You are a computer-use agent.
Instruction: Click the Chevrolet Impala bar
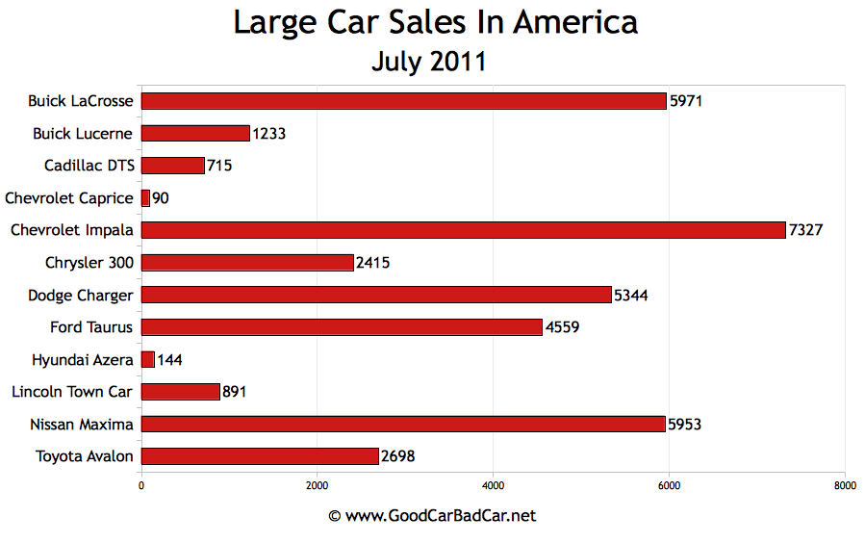point(464,230)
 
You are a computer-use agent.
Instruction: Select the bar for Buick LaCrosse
point(404,101)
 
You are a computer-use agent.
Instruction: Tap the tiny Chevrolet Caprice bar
point(146,198)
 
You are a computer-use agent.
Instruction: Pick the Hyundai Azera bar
point(148,359)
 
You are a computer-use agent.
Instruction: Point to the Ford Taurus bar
point(342,327)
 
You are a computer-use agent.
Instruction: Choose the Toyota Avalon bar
point(260,456)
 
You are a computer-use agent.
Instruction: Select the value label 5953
point(687,424)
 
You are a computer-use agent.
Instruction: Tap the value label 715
point(219,166)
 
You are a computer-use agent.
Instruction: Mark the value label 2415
point(374,263)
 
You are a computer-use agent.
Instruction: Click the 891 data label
point(235,392)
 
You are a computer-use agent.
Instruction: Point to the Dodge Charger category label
point(81,295)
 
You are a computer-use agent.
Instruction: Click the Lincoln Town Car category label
point(72,392)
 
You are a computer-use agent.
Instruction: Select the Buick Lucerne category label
point(83,133)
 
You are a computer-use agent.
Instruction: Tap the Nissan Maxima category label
point(81,424)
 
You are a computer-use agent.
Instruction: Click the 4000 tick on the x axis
point(494,486)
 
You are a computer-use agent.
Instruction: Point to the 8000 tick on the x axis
point(845,486)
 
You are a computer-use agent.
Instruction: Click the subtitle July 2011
point(429,62)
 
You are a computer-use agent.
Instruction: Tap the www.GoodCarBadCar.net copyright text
point(432,516)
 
